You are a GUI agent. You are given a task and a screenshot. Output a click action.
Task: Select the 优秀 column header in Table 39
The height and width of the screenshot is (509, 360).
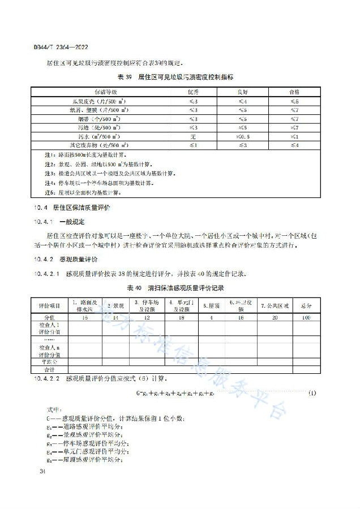[194, 91]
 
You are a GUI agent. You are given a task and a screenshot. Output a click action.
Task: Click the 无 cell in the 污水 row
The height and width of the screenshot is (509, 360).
[194, 137]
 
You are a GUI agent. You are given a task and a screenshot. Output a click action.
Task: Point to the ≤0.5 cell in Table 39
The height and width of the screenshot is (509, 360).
[243, 137]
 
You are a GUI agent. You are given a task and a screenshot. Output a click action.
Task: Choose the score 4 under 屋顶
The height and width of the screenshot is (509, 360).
[212, 318]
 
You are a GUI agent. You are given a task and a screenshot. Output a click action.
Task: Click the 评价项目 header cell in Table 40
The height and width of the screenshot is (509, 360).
[49, 306]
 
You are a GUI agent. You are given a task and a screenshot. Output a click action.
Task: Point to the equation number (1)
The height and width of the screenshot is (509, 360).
[313, 393]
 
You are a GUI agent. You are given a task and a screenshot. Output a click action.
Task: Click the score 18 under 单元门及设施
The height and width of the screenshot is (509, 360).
[181, 318]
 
